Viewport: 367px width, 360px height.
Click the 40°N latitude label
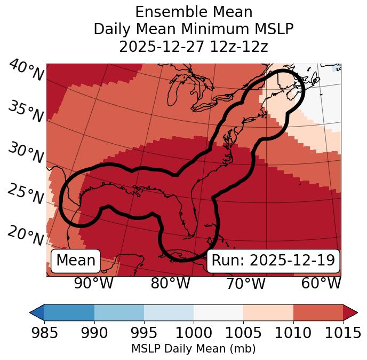coord(26,71)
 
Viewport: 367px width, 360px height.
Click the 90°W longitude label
coord(94,283)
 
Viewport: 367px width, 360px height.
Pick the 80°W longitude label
coord(170,283)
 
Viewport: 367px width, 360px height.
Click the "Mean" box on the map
coord(76,261)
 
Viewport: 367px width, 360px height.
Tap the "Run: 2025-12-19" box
coord(273,261)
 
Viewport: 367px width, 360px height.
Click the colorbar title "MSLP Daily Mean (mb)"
coord(193,349)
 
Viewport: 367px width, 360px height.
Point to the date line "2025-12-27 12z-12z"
coord(193,46)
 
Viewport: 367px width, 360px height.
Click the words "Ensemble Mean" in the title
coord(193,12)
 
